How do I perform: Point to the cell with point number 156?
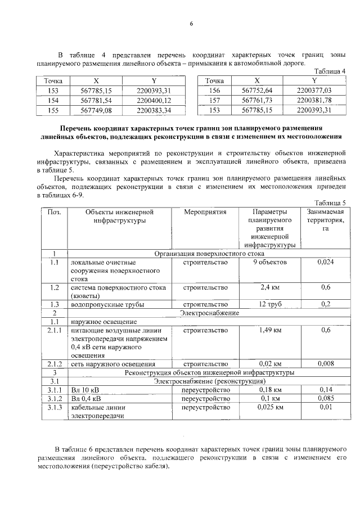point(214,91)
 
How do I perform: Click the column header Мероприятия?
point(205,212)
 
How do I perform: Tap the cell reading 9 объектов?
point(270,262)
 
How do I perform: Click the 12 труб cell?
point(270,304)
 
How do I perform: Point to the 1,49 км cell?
point(270,330)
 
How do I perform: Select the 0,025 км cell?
point(270,407)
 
